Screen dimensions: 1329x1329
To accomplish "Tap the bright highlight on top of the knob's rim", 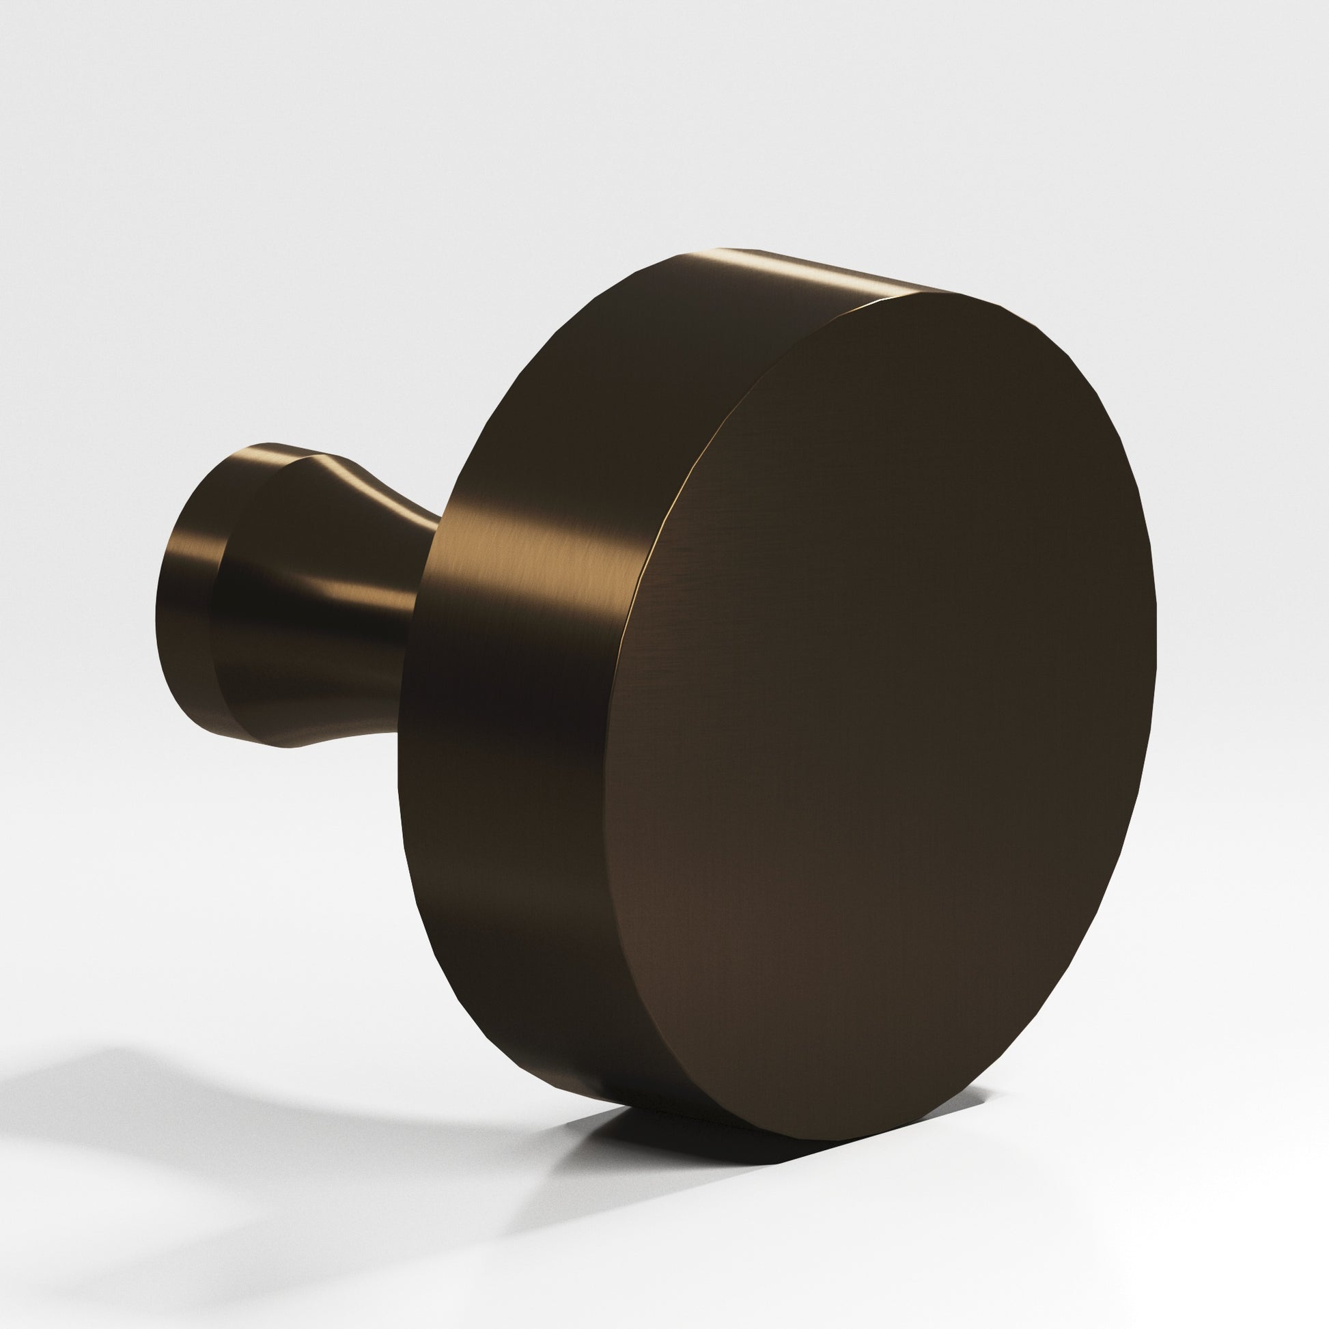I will pyautogui.click(x=791, y=272).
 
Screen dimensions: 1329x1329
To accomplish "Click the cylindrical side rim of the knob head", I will pyautogui.click(x=523, y=688).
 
